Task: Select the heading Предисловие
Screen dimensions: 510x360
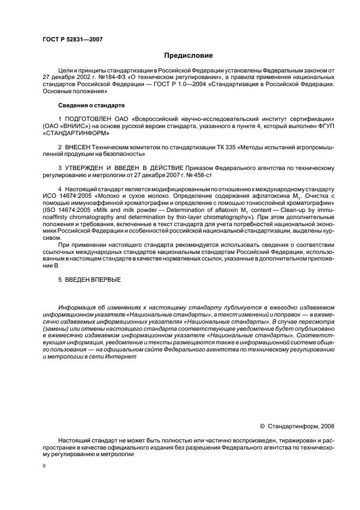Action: click(189, 56)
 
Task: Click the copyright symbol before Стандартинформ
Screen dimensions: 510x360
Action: click(262, 427)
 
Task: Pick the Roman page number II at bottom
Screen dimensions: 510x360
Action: click(44, 466)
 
